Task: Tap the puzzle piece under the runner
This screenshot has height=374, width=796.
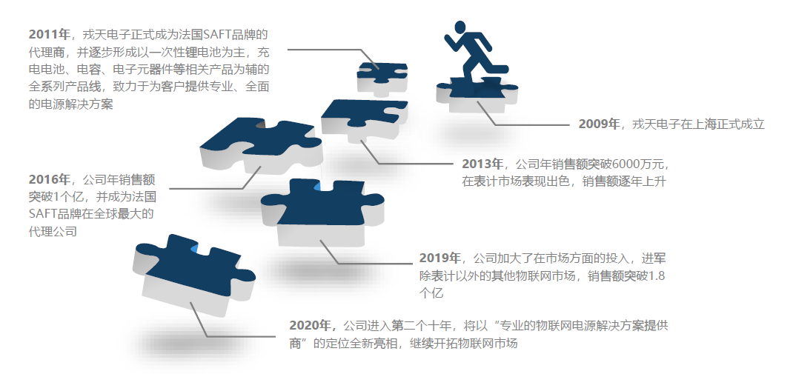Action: coord(477,94)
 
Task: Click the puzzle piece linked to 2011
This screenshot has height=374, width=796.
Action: coord(382,79)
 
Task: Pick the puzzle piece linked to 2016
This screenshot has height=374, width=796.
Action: coord(261,146)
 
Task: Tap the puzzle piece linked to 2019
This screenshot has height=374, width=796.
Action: coord(322,212)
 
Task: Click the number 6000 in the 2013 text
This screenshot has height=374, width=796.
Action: coord(626,164)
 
